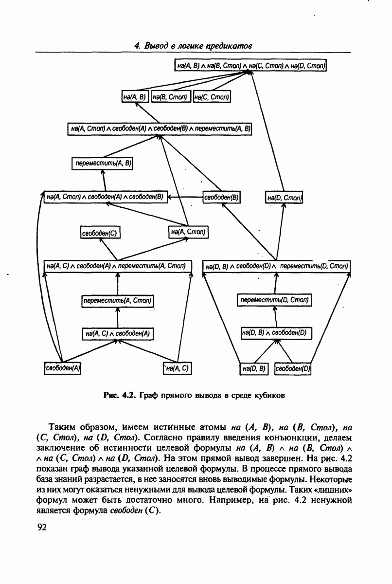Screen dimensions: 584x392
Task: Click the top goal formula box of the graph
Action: pyautogui.click(x=250, y=65)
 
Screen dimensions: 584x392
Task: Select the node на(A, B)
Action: pyautogui.click(x=135, y=97)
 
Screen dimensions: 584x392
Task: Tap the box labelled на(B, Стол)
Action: pyautogui.click(x=171, y=97)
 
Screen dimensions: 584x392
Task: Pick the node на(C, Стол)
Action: pyautogui.click(x=212, y=97)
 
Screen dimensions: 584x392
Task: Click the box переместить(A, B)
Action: pyautogui.click(x=103, y=164)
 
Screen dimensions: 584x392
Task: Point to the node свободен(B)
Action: pyautogui.click(x=222, y=197)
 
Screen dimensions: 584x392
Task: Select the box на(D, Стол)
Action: pyautogui.click(x=285, y=198)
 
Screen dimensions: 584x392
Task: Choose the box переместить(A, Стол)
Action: pyautogui.click(x=117, y=301)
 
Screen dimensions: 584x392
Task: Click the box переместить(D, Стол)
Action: pyautogui.click(x=275, y=300)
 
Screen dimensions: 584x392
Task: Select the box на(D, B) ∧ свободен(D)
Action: pyautogui.click(x=276, y=333)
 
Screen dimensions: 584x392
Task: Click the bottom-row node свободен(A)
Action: pyautogui.click(x=62, y=368)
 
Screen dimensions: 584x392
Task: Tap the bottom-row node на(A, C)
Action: pyautogui.click(x=177, y=368)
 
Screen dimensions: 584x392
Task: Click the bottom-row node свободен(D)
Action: pyautogui.click(x=293, y=368)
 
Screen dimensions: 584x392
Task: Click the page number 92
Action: pyautogui.click(x=41, y=528)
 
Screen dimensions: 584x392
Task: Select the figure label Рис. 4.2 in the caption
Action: pyautogui.click(x=120, y=395)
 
